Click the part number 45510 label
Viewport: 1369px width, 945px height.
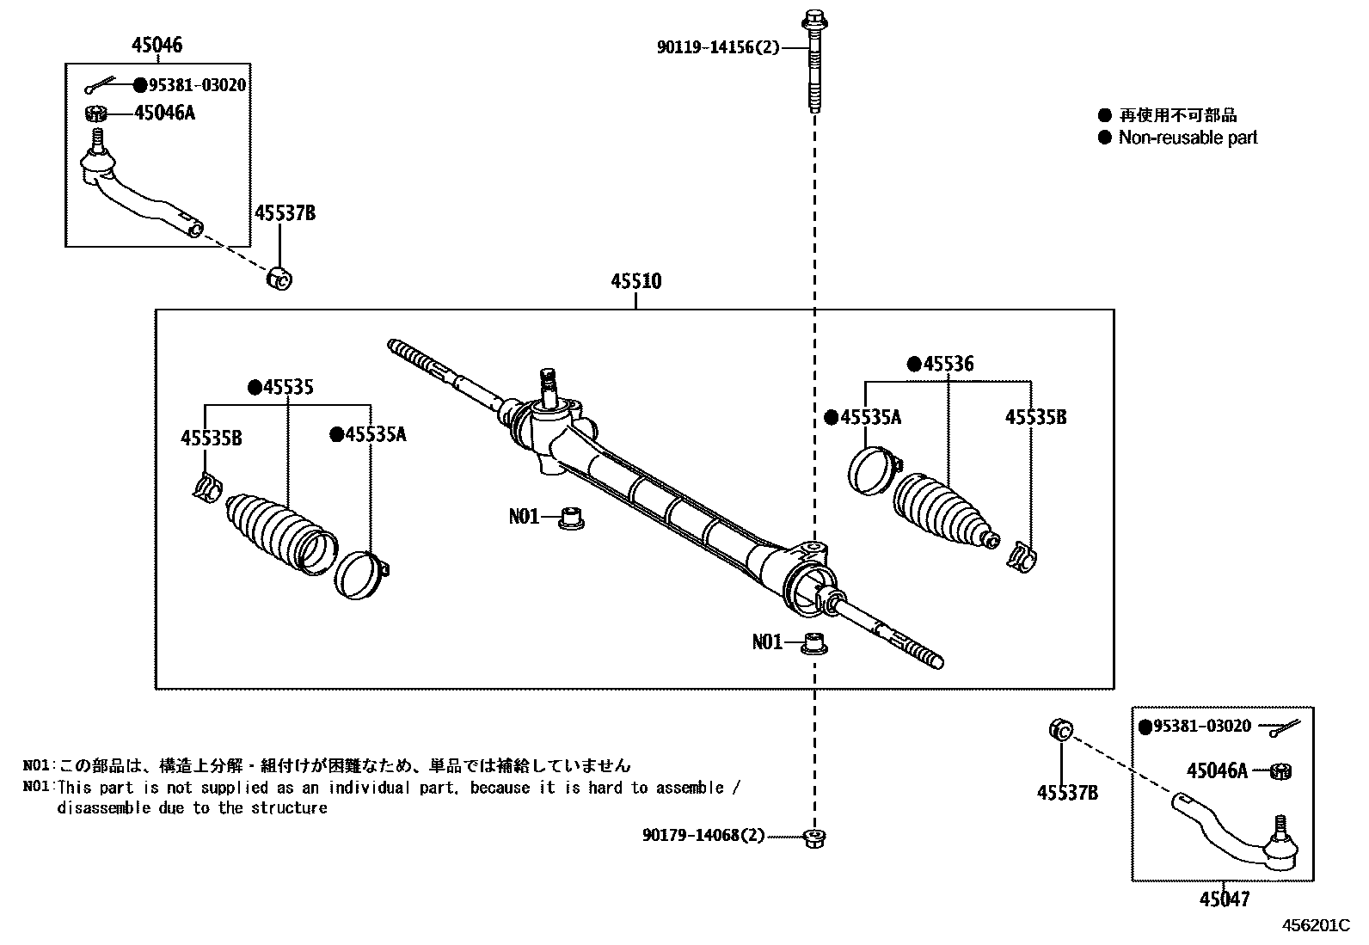(x=636, y=281)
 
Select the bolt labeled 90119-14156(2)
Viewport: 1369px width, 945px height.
(x=813, y=60)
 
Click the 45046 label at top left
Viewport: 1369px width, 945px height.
(x=157, y=45)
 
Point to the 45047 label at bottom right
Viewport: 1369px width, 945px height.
(x=1224, y=899)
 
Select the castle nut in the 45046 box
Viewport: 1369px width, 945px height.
(x=96, y=113)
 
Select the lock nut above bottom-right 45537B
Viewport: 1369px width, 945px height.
(x=1060, y=730)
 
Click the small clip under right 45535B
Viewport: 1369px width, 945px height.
(x=1022, y=557)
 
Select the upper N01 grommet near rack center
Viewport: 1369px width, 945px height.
(x=568, y=518)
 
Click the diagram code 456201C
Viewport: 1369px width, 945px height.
(x=1317, y=925)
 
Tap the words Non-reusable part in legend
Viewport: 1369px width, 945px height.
(x=1188, y=138)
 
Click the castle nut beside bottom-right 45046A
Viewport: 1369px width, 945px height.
(x=1280, y=771)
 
